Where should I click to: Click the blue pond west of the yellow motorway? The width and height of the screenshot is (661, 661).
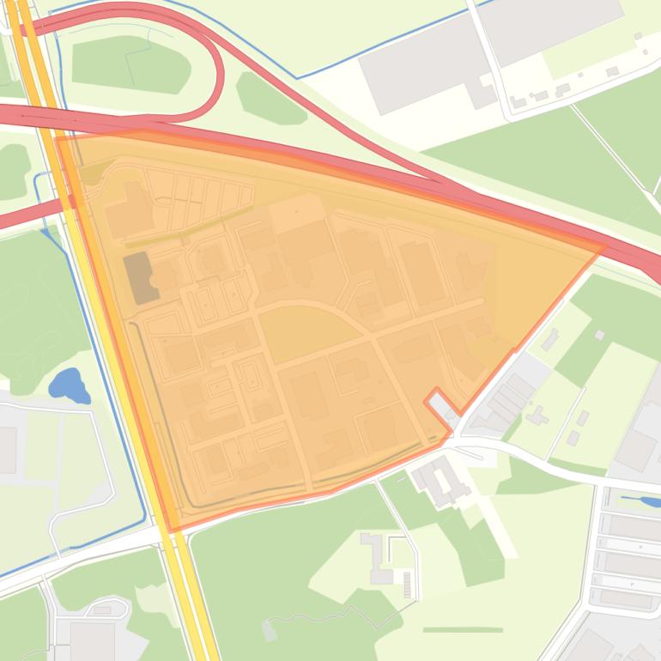[x=68, y=385]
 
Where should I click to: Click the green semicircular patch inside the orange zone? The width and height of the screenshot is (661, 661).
[x=300, y=330]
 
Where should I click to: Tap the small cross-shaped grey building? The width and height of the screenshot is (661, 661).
[x=537, y=416]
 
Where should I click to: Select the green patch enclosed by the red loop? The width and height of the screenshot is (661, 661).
[x=129, y=64]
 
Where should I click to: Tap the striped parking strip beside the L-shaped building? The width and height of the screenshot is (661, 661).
[x=407, y=585]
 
